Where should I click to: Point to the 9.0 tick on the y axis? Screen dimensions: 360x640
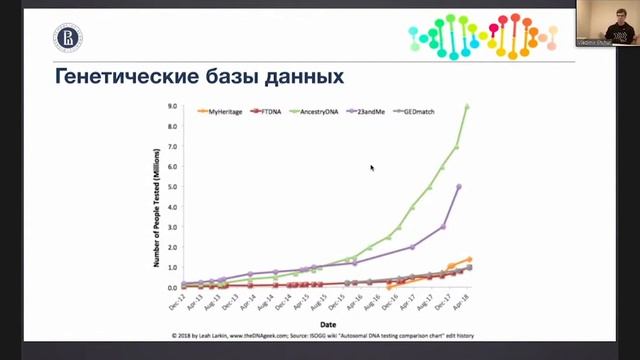pos(172,106)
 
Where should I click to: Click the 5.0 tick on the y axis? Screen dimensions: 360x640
pos(172,187)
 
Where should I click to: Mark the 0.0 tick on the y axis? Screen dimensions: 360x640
pos(172,287)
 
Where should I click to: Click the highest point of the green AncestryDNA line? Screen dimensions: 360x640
pos(467,106)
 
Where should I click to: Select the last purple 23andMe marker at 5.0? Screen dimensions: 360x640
pos(458,187)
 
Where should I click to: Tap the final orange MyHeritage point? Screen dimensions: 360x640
pos(468,259)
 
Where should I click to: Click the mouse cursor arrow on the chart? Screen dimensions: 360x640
pos(372,168)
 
